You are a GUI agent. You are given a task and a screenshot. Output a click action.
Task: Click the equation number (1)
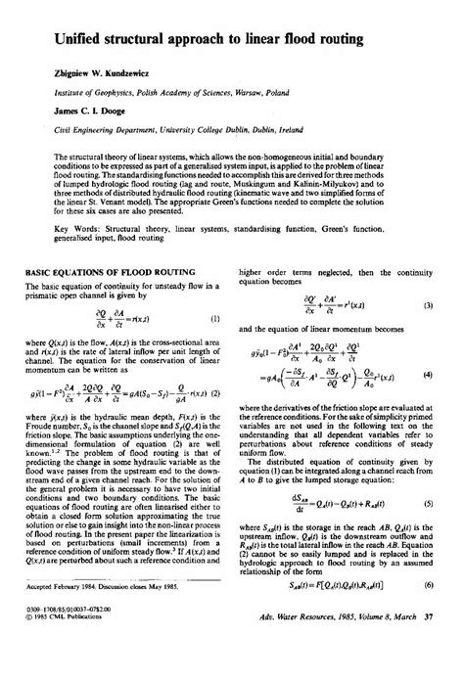213,320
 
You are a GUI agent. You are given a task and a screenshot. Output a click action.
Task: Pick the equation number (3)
428,305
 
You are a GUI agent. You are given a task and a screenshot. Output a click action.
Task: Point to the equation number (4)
428,375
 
